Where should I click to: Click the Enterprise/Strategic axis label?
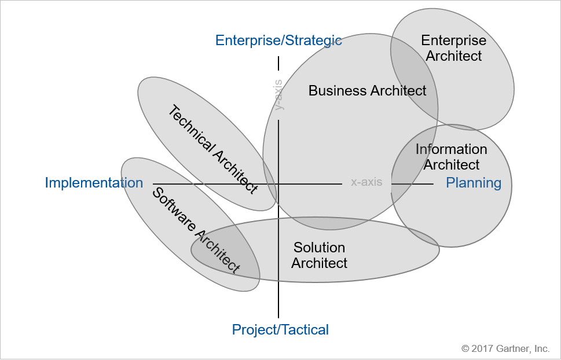tap(278, 41)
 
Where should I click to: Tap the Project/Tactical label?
tap(280, 330)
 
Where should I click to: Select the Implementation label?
tap(94, 183)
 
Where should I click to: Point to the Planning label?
tap(474, 183)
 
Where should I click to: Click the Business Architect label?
tap(367, 91)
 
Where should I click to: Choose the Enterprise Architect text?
tap(454, 49)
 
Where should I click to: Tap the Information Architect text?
tap(452, 157)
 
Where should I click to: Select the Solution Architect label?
tap(319, 255)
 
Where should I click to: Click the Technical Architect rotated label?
tap(212, 149)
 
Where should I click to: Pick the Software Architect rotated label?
tap(196, 230)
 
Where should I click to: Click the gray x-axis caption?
tap(366, 182)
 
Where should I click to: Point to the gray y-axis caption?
tap(278, 95)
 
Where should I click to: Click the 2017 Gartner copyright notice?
tap(505, 348)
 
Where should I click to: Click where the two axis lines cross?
tap(278, 184)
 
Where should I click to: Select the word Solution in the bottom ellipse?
tap(319, 248)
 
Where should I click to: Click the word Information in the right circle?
tap(452, 149)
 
